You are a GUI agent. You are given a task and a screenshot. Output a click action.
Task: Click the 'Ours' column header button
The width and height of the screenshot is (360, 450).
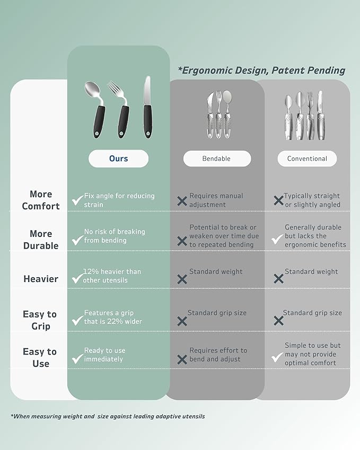point(118,158)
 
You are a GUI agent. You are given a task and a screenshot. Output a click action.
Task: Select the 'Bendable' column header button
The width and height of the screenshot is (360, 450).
point(216,158)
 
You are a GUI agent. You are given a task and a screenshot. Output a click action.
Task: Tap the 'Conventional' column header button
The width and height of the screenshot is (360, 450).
point(307,158)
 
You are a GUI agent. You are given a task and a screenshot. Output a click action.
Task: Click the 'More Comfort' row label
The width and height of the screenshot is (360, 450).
point(41,200)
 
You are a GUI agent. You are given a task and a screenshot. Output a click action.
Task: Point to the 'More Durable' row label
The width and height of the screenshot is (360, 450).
point(41,240)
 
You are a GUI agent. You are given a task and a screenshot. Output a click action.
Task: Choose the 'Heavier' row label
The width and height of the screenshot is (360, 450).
point(41,279)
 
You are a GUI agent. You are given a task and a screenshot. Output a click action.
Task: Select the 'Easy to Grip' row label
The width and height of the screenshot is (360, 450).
point(40,320)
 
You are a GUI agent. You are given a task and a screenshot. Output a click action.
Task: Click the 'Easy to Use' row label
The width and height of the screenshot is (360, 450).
point(40,358)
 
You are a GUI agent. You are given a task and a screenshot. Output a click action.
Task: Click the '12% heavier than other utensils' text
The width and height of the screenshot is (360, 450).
point(112,276)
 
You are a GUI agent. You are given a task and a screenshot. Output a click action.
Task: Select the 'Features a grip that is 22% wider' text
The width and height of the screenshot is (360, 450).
point(113,317)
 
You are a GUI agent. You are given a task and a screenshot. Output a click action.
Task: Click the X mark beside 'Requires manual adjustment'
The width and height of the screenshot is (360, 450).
point(182,201)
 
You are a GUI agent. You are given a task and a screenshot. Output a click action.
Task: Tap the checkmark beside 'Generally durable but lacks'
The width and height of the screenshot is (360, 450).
point(277,240)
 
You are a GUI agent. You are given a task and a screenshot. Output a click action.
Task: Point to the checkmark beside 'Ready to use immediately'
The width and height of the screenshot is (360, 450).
point(77,359)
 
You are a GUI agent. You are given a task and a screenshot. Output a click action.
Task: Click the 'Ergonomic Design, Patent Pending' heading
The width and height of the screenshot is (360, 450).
point(261,70)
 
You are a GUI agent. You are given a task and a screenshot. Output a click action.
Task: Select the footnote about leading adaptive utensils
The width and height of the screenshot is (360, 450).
point(108,416)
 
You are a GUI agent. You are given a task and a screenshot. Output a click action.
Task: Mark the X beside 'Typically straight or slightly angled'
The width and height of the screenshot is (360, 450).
point(278,200)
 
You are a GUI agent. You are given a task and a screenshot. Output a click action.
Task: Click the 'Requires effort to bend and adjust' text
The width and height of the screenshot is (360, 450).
point(218,355)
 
